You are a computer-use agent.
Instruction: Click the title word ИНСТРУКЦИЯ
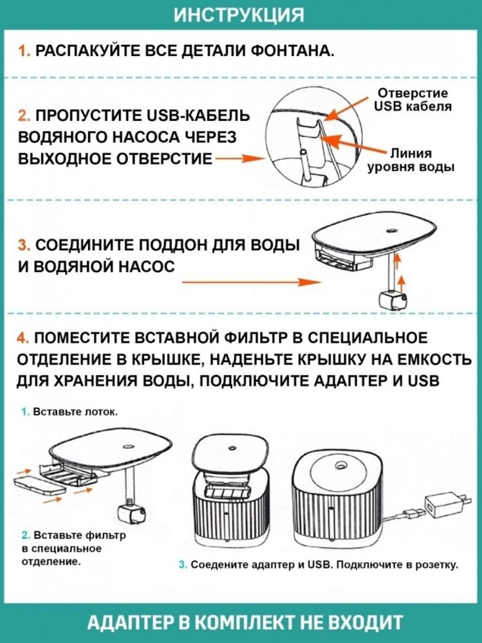click(239, 15)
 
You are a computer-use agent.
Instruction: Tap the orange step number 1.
click(23, 51)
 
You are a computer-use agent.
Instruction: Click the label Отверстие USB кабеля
click(412, 100)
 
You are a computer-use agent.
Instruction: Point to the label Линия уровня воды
click(411, 160)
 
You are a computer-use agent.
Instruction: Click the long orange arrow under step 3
click(251, 282)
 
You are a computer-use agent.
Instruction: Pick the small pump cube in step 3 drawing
click(393, 300)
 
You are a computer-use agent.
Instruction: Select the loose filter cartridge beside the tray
click(39, 484)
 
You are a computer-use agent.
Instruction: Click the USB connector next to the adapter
click(413, 513)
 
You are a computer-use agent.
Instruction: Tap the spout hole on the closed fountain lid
click(340, 466)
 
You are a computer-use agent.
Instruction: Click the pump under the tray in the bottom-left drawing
click(132, 514)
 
